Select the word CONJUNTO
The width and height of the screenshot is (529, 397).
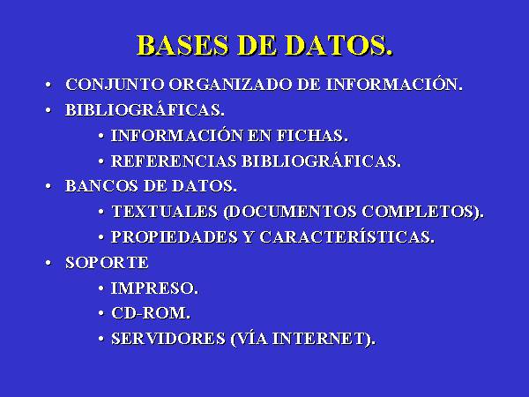[x=115, y=85]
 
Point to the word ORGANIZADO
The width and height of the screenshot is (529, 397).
[x=230, y=85]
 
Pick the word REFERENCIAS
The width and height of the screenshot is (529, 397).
[x=174, y=161]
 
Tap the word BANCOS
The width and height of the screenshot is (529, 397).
[x=101, y=186]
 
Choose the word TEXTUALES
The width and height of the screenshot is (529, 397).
[x=165, y=212]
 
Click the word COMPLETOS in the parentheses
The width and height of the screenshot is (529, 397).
[x=422, y=212]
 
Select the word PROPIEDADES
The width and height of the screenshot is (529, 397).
[x=175, y=237]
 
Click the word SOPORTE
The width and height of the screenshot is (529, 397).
[x=107, y=263]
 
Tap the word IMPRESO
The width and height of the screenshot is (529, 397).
[x=154, y=288]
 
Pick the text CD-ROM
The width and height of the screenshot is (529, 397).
[x=151, y=313]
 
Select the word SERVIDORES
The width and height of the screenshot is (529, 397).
[x=168, y=339]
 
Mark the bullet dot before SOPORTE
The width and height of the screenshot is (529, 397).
[x=48, y=263]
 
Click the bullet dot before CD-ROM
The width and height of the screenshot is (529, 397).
[x=101, y=313]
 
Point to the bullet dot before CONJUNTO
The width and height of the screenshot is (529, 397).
[x=48, y=85]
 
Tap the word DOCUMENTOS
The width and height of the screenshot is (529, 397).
[x=290, y=212]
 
